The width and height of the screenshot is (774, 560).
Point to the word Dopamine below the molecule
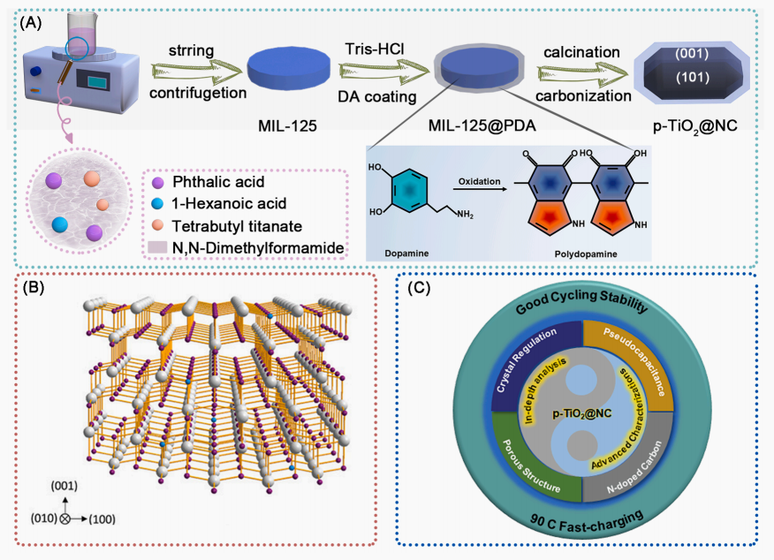399,252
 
